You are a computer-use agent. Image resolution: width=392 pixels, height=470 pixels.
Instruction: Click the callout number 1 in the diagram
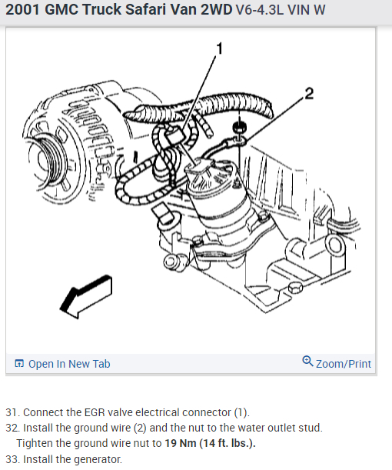pyautogui.click(x=220, y=48)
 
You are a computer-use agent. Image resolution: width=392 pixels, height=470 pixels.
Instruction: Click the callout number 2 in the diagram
pyautogui.click(x=309, y=94)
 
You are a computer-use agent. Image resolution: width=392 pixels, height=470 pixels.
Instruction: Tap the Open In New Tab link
pyautogui.click(x=69, y=364)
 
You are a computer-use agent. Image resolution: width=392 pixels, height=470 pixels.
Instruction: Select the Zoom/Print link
pyautogui.click(x=344, y=364)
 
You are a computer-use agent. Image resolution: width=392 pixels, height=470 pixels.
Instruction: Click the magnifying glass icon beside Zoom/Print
pyautogui.click(x=307, y=362)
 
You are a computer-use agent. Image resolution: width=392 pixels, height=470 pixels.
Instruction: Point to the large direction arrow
pyautogui.click(x=86, y=296)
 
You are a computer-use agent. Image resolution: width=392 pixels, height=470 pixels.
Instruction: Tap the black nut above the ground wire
pyautogui.click(x=239, y=128)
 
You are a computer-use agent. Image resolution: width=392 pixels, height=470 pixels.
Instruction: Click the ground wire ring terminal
pyautogui.click(x=240, y=140)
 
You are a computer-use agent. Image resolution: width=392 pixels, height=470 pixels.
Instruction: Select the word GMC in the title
pyautogui.click(x=61, y=9)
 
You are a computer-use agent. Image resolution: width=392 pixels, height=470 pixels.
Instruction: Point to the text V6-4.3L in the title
pyautogui.click(x=259, y=10)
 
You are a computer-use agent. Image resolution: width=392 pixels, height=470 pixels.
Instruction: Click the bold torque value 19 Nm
pyautogui.click(x=181, y=443)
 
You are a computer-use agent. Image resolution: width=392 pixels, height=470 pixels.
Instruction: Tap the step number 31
pyautogui.click(x=12, y=412)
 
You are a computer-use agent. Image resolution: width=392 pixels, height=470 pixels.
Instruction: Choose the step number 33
pyautogui.click(x=12, y=459)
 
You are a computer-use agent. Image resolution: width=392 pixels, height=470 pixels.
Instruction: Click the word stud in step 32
pyautogui.click(x=311, y=428)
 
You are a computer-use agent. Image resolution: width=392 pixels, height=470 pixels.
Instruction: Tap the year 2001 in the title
pyautogui.click(x=23, y=9)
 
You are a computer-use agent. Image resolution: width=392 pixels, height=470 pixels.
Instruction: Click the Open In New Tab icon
pyautogui.click(x=19, y=363)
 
